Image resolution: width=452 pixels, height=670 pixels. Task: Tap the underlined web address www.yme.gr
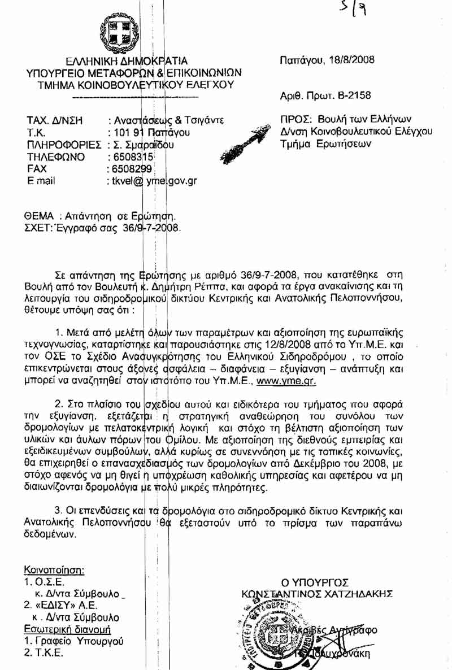(286, 381)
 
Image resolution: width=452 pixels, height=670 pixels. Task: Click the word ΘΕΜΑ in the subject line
(38, 216)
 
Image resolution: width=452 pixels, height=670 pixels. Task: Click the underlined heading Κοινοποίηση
(54, 569)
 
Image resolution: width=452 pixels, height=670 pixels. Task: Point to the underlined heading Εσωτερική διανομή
(67, 629)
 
